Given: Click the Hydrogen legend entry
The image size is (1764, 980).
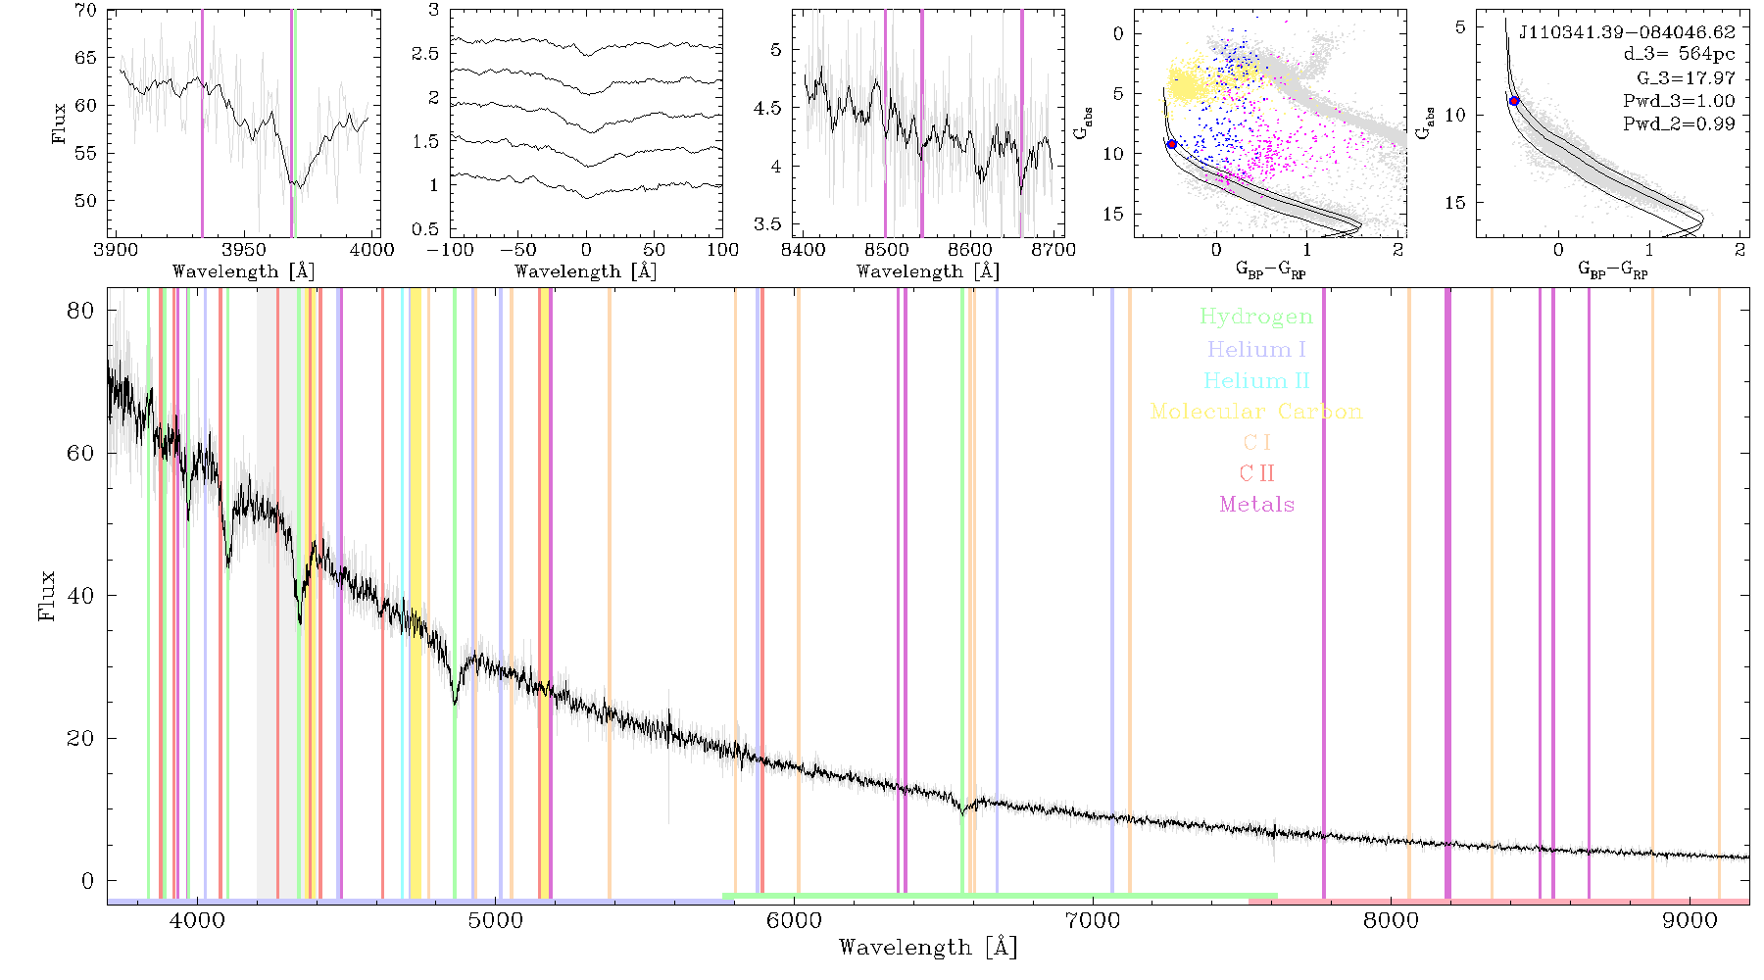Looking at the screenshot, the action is click(1256, 317).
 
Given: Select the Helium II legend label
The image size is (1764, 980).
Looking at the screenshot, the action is click(1256, 380).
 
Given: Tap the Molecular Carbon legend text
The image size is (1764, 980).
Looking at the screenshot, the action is click(1256, 412).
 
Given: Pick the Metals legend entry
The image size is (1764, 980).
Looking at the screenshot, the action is click(1257, 505).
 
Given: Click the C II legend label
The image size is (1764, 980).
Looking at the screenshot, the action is click(1257, 473).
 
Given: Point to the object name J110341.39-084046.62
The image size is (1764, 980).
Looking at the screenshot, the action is click(1627, 32).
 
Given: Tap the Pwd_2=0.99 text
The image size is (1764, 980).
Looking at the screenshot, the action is click(1679, 124).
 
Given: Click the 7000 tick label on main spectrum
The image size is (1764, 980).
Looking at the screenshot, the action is click(1092, 920).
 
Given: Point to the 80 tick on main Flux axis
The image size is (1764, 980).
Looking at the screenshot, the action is click(80, 311).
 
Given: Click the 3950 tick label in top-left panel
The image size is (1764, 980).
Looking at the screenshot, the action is click(243, 250).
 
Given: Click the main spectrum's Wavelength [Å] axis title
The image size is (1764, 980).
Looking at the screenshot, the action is click(928, 948).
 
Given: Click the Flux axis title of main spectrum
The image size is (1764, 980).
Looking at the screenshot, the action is click(46, 595).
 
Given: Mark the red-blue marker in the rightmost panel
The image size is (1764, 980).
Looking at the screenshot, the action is click(1514, 101).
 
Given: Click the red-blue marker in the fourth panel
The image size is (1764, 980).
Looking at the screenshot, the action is click(1171, 144).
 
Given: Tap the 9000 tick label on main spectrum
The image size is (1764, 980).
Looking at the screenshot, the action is click(1689, 920).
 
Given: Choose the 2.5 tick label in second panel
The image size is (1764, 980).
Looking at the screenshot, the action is click(425, 54).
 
